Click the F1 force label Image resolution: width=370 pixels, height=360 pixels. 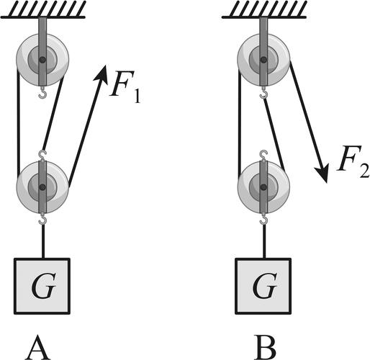(x=125, y=86)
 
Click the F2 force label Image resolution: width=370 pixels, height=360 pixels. (x=353, y=161)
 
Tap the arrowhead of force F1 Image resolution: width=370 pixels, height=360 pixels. (x=101, y=73)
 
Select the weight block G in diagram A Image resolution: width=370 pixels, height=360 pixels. (x=42, y=286)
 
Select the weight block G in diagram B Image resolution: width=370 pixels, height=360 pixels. (x=263, y=286)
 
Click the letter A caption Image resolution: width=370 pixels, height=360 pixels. (x=38, y=347)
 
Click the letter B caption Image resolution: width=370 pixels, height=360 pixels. (x=265, y=347)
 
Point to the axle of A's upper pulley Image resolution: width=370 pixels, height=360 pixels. (x=42, y=59)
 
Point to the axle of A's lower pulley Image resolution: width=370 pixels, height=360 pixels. (x=42, y=187)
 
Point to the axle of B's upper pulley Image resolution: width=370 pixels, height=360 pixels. (x=263, y=59)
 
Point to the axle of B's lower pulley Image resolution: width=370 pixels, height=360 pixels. (x=263, y=187)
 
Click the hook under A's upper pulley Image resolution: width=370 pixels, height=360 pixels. (x=42, y=92)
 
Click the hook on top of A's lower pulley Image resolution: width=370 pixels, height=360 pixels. (x=42, y=156)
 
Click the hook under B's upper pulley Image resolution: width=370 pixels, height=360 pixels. (x=263, y=92)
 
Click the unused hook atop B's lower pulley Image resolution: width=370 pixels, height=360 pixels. (x=263, y=156)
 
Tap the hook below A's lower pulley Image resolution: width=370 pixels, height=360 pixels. (x=42, y=219)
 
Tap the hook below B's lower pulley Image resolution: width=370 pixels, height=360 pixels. (x=263, y=219)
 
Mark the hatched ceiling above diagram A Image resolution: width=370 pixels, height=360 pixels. (x=43, y=10)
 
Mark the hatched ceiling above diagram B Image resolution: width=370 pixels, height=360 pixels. (x=264, y=10)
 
